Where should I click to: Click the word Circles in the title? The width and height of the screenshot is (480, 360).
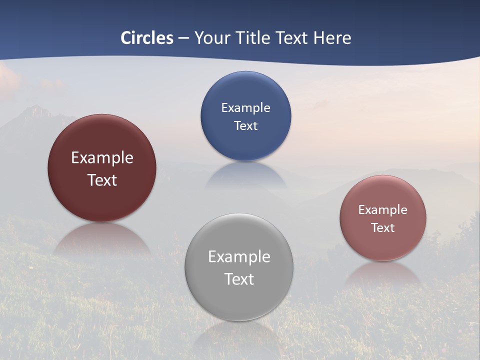pyautogui.click(x=147, y=38)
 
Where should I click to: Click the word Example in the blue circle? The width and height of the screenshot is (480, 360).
pyautogui.click(x=245, y=107)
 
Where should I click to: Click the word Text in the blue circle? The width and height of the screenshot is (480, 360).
pyautogui.click(x=245, y=125)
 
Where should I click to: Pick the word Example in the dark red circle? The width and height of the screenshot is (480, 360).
pyautogui.click(x=102, y=158)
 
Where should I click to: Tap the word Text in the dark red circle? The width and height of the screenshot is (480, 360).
pyautogui.click(x=102, y=180)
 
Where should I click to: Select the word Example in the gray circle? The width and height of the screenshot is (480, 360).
pyautogui.click(x=239, y=257)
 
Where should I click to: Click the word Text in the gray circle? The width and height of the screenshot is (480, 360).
pyautogui.click(x=239, y=279)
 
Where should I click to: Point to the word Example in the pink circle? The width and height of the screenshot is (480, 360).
pyautogui.click(x=383, y=209)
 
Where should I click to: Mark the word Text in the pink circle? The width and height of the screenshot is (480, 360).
pyautogui.click(x=383, y=227)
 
